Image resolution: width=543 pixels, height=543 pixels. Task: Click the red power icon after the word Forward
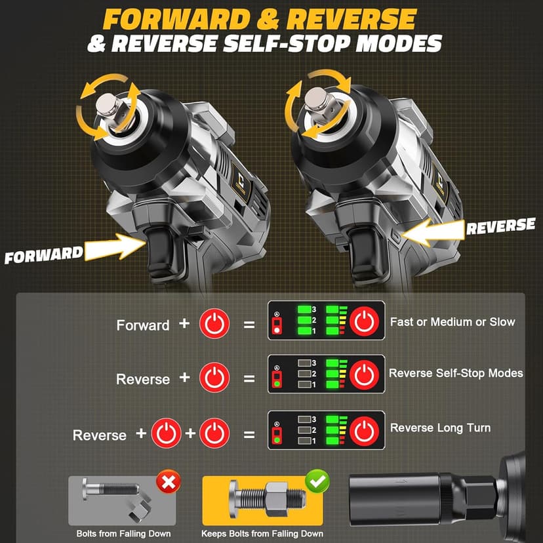coord(214,324)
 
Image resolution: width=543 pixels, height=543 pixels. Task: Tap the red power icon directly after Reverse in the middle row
coord(214,378)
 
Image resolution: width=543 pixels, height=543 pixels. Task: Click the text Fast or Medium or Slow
coord(452,322)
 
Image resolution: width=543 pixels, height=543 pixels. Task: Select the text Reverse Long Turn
coord(440,428)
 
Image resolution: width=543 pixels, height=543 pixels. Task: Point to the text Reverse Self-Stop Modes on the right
coord(456,373)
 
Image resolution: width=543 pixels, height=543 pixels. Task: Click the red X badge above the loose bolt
coord(169,484)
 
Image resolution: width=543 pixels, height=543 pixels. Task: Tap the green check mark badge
coord(317,482)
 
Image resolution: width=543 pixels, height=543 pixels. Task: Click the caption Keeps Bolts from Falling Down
coord(262,533)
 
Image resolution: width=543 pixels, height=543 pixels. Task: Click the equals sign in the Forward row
coord(249,324)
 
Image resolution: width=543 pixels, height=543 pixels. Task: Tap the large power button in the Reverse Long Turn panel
coord(364,432)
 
